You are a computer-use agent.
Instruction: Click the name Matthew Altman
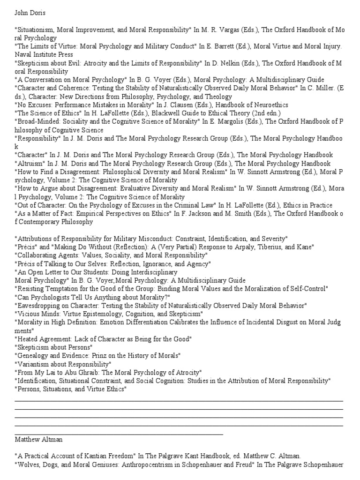pos(38,440)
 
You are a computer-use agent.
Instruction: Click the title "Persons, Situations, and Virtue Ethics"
pos(71,389)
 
